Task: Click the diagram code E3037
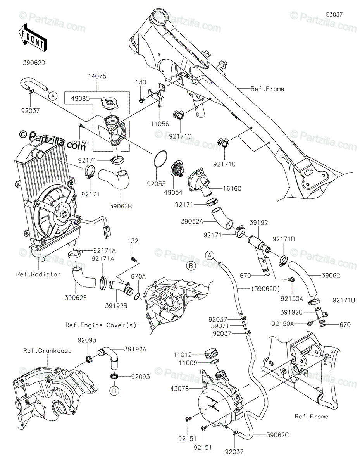click(x=334, y=14)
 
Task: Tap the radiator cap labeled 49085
click(x=108, y=103)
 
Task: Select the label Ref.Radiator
click(x=38, y=274)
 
